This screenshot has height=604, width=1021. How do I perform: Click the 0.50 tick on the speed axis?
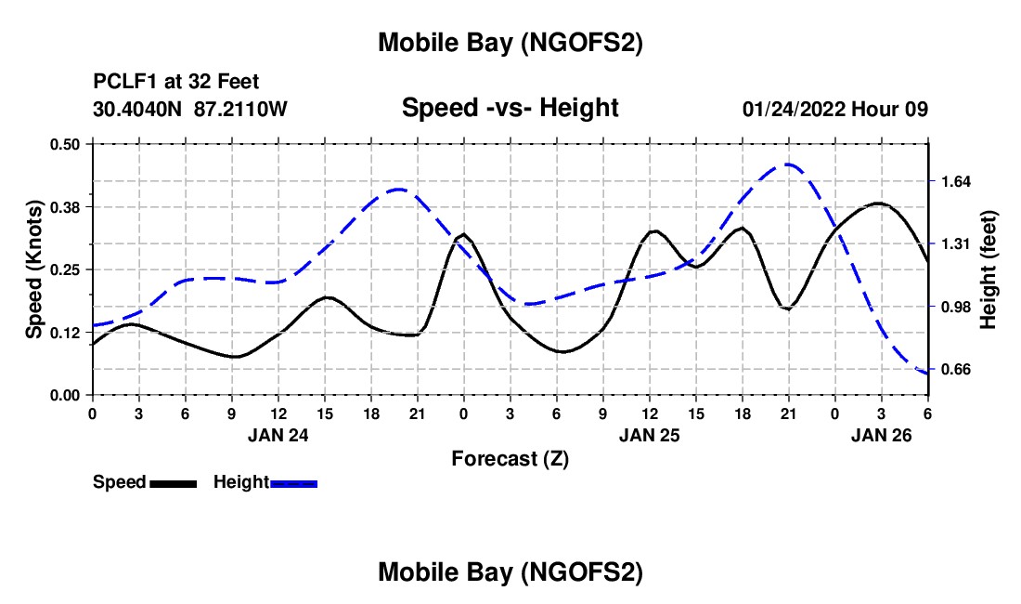65,144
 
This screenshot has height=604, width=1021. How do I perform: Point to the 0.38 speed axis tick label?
65,206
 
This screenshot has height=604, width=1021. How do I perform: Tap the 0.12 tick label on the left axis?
65,333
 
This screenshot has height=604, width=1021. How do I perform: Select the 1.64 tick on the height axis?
955,181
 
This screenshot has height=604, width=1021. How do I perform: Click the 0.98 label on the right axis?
955,308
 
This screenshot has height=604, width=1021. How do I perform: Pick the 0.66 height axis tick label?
955,370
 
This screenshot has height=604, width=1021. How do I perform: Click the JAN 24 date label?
278,434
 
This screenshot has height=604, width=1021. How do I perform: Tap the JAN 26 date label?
882,434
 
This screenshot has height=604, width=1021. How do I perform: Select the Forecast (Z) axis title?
510,458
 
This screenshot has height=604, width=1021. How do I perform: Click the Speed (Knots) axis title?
33,269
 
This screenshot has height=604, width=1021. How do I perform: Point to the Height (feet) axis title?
988,269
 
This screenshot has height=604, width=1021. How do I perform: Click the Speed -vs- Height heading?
510,108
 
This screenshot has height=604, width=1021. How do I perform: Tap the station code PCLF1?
121,82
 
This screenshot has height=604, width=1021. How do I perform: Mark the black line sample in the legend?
173,483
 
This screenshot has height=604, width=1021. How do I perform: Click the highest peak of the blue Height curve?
788,164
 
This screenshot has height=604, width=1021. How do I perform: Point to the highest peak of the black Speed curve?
878,203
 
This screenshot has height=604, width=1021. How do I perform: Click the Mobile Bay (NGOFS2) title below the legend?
510,573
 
